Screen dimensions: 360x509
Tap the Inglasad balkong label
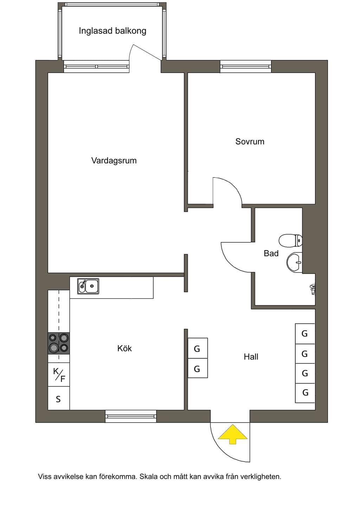point(112,31)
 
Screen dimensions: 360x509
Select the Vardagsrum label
point(114,161)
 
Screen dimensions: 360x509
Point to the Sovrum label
point(250,142)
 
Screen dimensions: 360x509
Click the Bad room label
point(271,253)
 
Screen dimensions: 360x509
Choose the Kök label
point(124,348)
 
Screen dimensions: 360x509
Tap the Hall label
point(251,357)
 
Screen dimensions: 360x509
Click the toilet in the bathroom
point(290,241)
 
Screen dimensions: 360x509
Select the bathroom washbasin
point(294,262)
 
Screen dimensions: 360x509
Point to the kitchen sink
point(88,286)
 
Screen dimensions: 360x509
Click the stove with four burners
point(59,343)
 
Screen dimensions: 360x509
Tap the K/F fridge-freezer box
point(59,374)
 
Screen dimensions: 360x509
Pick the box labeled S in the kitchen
point(59,398)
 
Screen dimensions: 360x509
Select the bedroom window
point(246,66)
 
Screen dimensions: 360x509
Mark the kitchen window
point(131,416)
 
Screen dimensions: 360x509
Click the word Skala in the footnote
point(149,476)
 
